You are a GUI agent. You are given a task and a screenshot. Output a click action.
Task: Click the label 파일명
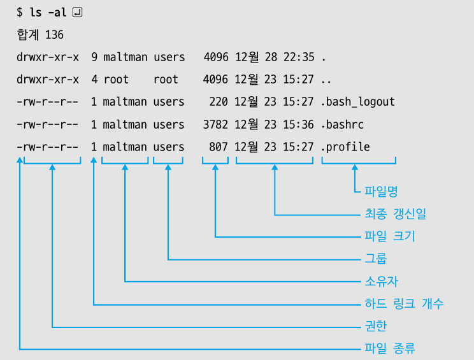(381, 191)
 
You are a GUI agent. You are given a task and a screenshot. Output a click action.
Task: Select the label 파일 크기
(389, 236)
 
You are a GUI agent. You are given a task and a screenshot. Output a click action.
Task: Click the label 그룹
(375, 259)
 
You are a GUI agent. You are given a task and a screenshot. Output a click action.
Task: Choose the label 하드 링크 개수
(404, 304)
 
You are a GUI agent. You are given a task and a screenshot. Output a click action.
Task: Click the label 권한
(375, 326)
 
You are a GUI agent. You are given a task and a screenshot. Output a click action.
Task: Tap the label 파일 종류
(389, 349)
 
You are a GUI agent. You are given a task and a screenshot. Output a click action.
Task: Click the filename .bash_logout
(358, 102)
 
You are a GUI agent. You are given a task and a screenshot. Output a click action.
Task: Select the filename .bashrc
(343, 124)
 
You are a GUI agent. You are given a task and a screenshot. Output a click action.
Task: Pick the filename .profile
(346, 147)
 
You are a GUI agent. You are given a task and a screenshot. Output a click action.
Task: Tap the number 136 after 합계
(54, 34)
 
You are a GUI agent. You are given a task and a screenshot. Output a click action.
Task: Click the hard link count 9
(94, 57)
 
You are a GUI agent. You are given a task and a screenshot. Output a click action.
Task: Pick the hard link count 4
(94, 80)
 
